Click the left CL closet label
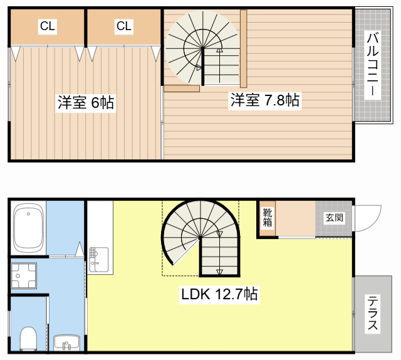coord(48,26)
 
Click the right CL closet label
coord(124,26)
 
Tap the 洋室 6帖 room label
coord(86,103)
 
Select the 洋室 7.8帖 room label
coord(264,100)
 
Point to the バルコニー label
coord(373,65)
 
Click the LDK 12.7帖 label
coord(219,294)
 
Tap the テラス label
coord(373,313)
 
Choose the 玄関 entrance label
coord(334,218)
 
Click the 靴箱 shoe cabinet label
coord(268,218)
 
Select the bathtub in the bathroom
coord(28,228)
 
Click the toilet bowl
coord(28,339)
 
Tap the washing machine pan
coord(24,275)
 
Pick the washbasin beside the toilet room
coord(67,342)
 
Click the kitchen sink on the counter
coord(98,260)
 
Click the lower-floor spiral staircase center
coord(200,238)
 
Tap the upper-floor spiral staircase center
coord(203,48)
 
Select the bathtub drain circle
coord(28,214)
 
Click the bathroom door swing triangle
coord(80,249)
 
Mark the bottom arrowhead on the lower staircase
coord(219,272)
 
